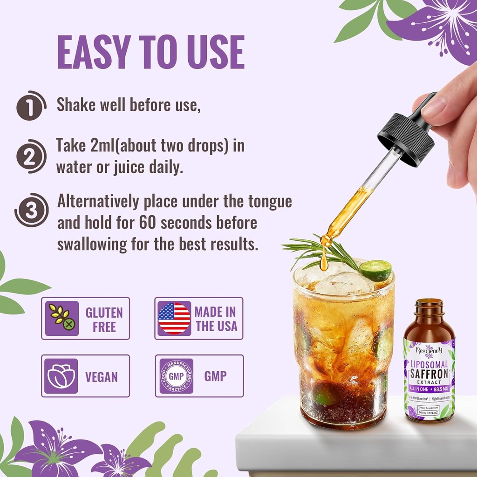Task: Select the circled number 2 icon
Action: click(31, 156)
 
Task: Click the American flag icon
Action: click(174, 319)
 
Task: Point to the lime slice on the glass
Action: click(375, 270)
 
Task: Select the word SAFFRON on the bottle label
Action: click(429, 374)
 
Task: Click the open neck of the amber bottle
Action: click(429, 303)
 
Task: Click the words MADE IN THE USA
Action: click(216, 319)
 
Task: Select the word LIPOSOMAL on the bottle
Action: click(429, 364)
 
